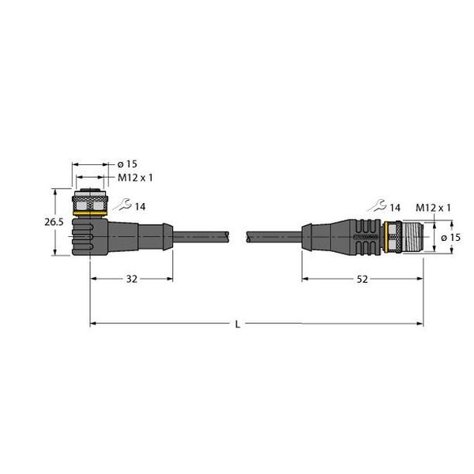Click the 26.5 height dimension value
click(54, 222)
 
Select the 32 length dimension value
click(131, 279)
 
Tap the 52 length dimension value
click(362, 279)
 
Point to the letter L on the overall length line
click(238, 325)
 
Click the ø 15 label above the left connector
click(127, 164)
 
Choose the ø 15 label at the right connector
click(451, 238)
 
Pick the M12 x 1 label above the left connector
click(135, 178)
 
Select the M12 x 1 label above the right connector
click(433, 208)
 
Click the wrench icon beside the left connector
click(122, 205)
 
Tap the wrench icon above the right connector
click(377, 205)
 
